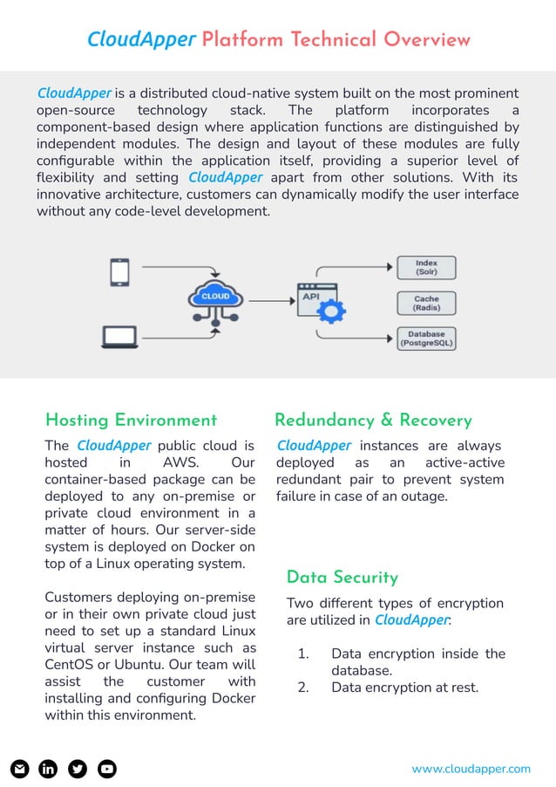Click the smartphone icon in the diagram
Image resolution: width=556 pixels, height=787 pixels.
pyautogui.click(x=121, y=272)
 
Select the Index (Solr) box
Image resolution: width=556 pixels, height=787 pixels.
pyautogui.click(x=426, y=267)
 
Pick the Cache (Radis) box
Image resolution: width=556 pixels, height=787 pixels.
pyautogui.click(x=426, y=303)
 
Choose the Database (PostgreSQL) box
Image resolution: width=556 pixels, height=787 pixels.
pyautogui.click(x=426, y=339)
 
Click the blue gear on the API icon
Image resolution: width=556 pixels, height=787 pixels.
pyautogui.click(x=333, y=309)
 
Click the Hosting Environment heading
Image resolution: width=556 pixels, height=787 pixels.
pyautogui.click(x=131, y=421)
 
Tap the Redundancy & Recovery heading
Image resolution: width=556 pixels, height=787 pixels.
pyautogui.click(x=373, y=421)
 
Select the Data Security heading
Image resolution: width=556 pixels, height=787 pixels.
pyautogui.click(x=342, y=578)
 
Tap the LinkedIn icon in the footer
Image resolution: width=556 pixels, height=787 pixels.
pyautogui.click(x=49, y=769)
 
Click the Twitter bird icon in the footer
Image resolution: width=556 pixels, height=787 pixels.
pyautogui.click(x=78, y=769)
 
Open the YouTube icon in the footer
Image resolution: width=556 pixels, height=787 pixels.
pyautogui.click(x=106, y=769)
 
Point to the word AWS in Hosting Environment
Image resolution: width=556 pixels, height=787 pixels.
pyautogui.click(x=180, y=463)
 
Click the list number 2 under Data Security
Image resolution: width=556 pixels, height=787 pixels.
pyautogui.click(x=302, y=688)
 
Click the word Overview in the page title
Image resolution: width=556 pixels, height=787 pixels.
pyautogui.click(x=427, y=40)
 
